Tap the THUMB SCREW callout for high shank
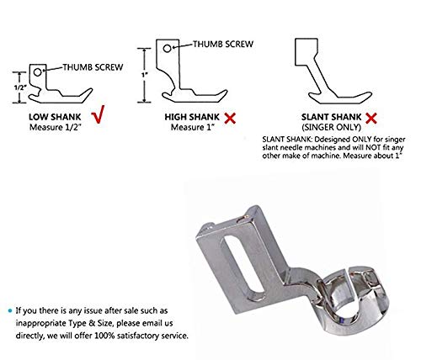(x=221, y=43)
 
